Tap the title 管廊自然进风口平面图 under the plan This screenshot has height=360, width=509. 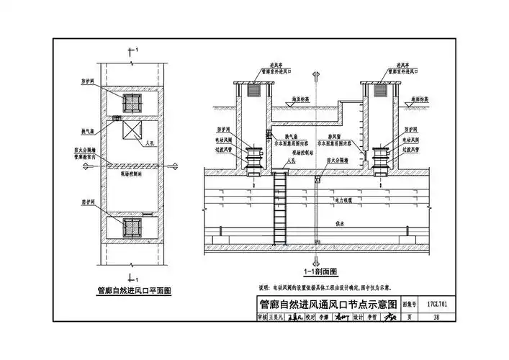tap(134, 291)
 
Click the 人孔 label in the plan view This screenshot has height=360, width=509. tap(150, 143)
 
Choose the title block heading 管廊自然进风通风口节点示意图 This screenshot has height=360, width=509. tap(328, 305)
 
